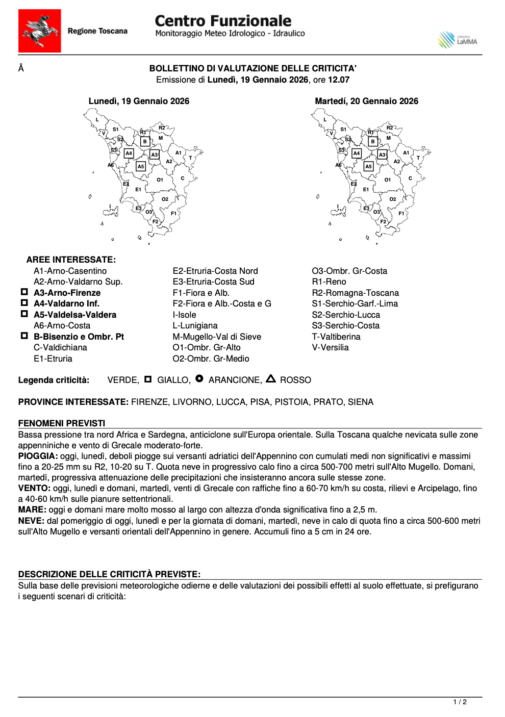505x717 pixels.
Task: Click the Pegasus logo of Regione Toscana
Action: [x=40, y=31]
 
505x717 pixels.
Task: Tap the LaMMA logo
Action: [x=458, y=40]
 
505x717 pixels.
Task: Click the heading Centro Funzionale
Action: [x=223, y=21]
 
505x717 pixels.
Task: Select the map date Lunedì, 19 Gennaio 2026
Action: [x=139, y=101]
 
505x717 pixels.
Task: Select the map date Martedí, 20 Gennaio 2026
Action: [x=366, y=101]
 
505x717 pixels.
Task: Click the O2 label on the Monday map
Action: [x=165, y=199]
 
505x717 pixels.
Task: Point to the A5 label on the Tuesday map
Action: [x=368, y=166]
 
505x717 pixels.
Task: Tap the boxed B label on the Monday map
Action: [x=145, y=141]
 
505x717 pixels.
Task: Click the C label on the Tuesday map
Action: [x=410, y=178]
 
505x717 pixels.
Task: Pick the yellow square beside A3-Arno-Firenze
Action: [x=24, y=292]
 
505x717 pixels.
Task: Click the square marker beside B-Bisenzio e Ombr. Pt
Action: [x=24, y=336]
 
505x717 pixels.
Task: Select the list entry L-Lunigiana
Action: [x=195, y=325]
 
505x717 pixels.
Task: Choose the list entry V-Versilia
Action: [x=330, y=347]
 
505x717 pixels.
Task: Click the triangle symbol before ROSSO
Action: [x=271, y=379]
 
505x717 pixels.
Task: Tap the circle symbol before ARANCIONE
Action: [x=199, y=379]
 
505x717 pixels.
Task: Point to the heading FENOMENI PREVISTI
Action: [x=62, y=423]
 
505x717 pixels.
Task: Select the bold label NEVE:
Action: [x=31, y=521]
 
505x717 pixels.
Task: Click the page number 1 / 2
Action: [x=460, y=702]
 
